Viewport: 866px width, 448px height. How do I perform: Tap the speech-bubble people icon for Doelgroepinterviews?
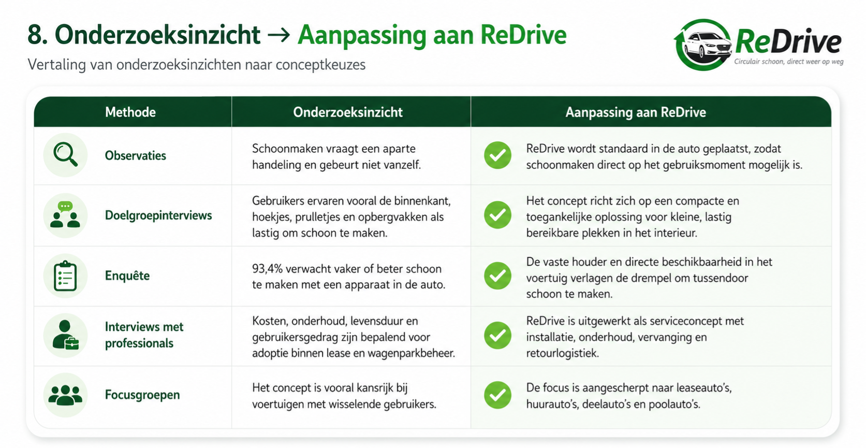coord(65,215)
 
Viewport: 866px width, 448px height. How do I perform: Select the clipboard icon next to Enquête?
coord(65,276)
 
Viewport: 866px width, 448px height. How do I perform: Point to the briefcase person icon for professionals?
coord(65,335)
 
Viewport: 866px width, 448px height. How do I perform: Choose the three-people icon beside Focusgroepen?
coord(65,395)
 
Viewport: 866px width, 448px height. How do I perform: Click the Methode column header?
coord(130,112)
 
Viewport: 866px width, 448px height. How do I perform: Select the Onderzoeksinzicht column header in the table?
coord(347,112)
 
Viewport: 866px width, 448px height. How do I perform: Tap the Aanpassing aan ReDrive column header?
coord(636,112)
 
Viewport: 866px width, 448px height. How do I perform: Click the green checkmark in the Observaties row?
coord(497,155)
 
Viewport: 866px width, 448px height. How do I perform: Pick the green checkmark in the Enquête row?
coord(497,276)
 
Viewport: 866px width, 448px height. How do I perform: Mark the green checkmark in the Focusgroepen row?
coord(497,395)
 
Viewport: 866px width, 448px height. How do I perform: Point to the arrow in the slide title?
coord(278,36)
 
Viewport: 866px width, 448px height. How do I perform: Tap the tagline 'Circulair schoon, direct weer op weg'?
coord(789,62)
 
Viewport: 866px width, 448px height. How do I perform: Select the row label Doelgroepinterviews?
coord(158,215)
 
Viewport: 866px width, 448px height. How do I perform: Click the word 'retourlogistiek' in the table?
coord(562,353)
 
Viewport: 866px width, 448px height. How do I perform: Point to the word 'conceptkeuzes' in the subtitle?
coord(320,65)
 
